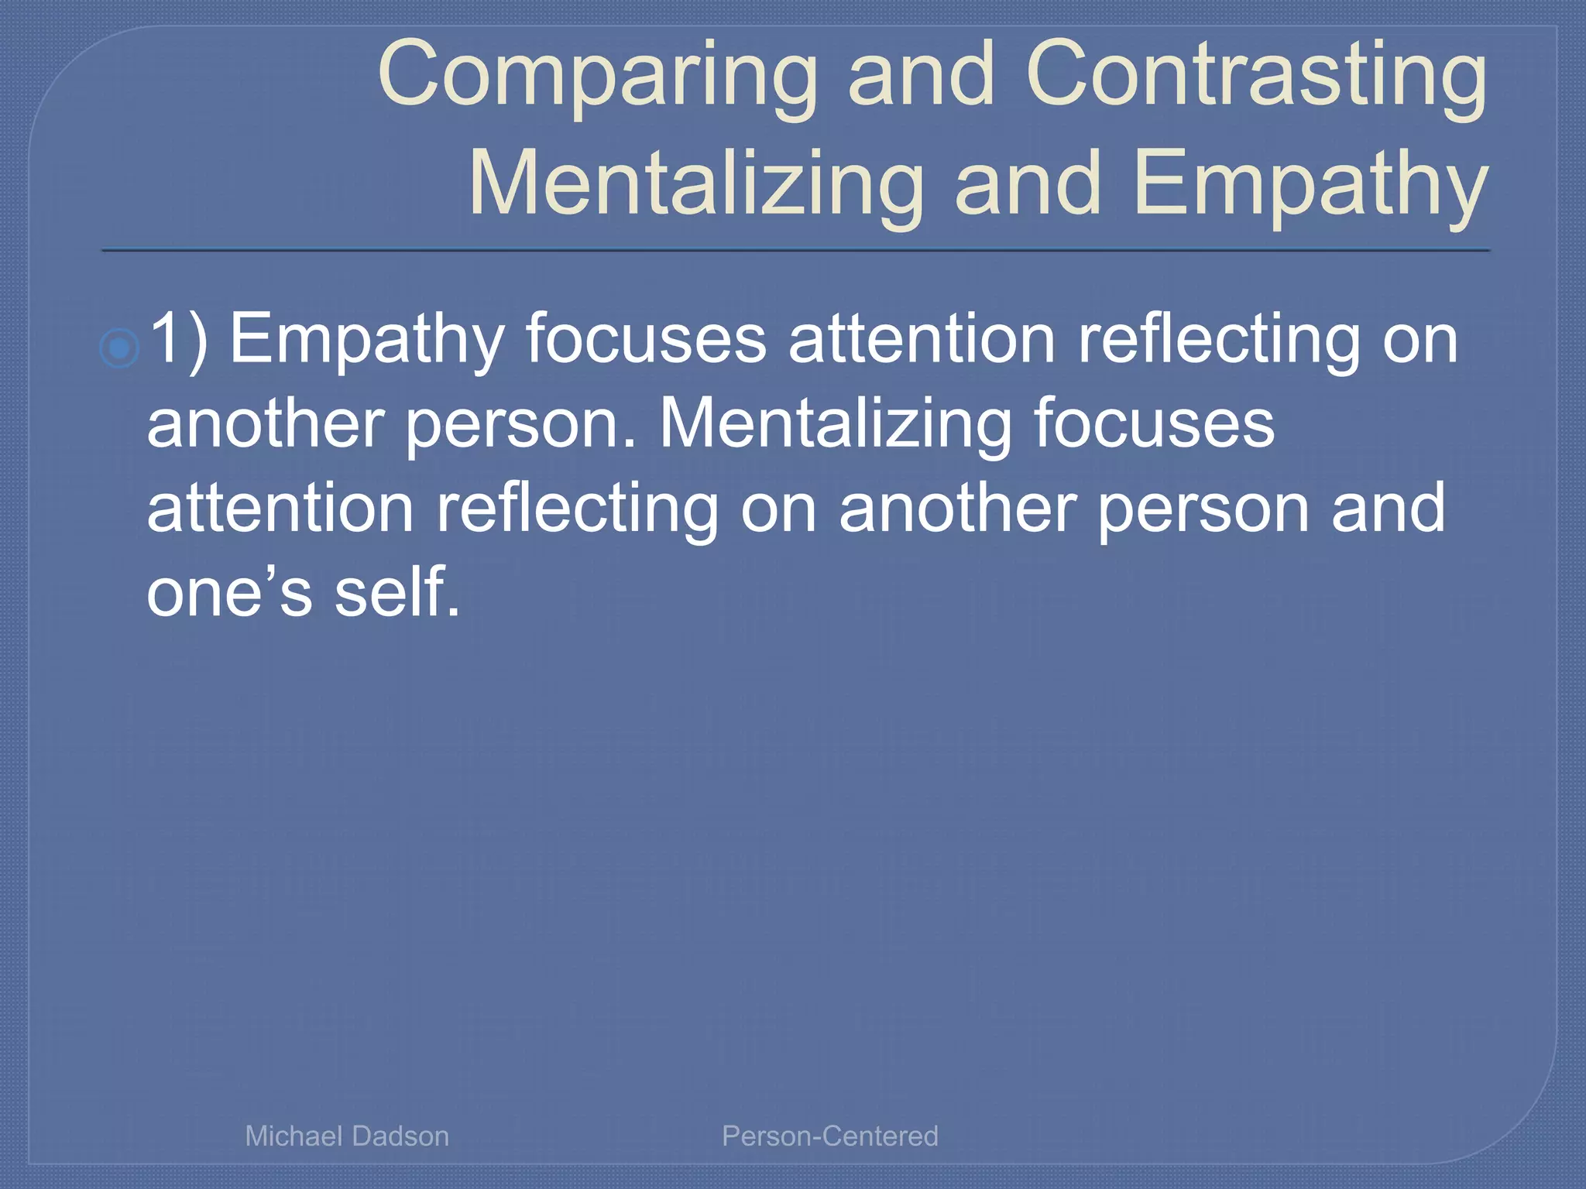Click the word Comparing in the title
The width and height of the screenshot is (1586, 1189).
(x=597, y=76)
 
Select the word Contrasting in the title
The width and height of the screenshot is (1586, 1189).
(x=1255, y=76)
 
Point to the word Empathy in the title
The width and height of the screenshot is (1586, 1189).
(x=1310, y=184)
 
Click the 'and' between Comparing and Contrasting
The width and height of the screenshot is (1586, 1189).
(x=922, y=74)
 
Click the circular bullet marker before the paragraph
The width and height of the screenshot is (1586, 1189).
(x=119, y=348)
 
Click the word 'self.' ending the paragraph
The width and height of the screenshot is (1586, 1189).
(x=397, y=592)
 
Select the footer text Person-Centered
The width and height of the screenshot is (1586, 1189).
(x=829, y=1136)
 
